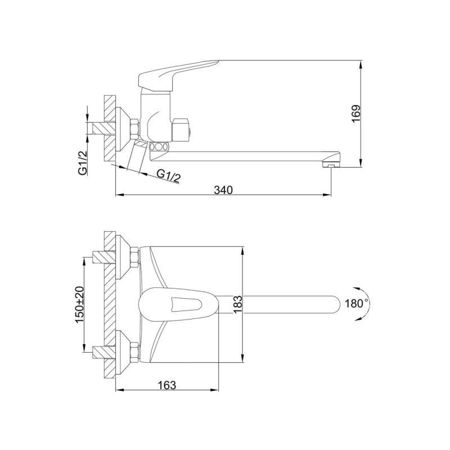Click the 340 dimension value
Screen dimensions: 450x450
click(x=223, y=190)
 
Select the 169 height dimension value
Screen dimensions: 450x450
click(x=355, y=115)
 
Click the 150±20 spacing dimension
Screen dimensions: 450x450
click(x=79, y=304)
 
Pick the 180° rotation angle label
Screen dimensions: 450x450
click(x=356, y=304)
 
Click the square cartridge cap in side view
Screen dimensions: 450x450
click(x=181, y=129)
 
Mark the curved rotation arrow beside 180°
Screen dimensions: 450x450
click(x=366, y=304)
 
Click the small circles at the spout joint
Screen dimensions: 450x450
click(x=159, y=147)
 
